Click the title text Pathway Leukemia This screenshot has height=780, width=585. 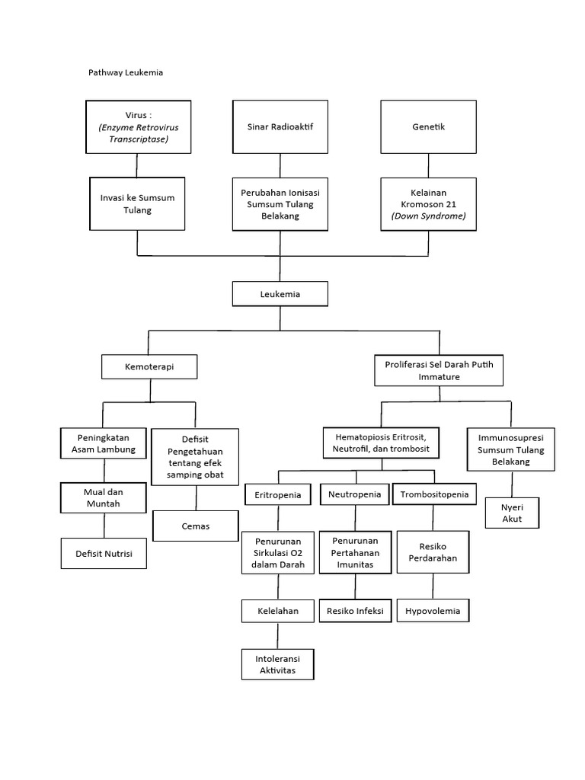pyautogui.click(x=126, y=73)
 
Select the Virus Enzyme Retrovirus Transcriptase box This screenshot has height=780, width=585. pyautogui.click(x=137, y=127)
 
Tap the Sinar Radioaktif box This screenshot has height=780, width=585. pyautogui.click(x=280, y=127)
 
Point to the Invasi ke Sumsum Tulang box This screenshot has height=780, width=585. pyautogui.click(x=137, y=204)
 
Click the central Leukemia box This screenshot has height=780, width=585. pyautogui.click(x=280, y=293)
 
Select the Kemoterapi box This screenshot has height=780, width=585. pyautogui.click(x=149, y=367)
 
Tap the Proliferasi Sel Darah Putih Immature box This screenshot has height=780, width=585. pyautogui.click(x=439, y=371)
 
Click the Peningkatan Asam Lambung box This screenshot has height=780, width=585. pyautogui.click(x=103, y=443)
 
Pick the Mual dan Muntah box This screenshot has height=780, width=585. pyautogui.click(x=103, y=497)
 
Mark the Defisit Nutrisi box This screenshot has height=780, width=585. pyautogui.click(x=103, y=554)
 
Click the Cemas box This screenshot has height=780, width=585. pyautogui.click(x=196, y=526)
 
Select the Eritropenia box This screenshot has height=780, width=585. pyautogui.click(x=278, y=495)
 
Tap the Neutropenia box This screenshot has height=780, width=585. pyautogui.click(x=354, y=495)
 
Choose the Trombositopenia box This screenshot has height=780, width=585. pyautogui.click(x=434, y=495)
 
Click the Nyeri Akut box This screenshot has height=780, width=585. pyautogui.click(x=512, y=513)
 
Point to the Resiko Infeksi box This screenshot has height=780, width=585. pyautogui.click(x=355, y=611)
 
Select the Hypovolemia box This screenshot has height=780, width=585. pyautogui.click(x=433, y=611)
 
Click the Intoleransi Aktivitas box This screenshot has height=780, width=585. pyautogui.click(x=278, y=664)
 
